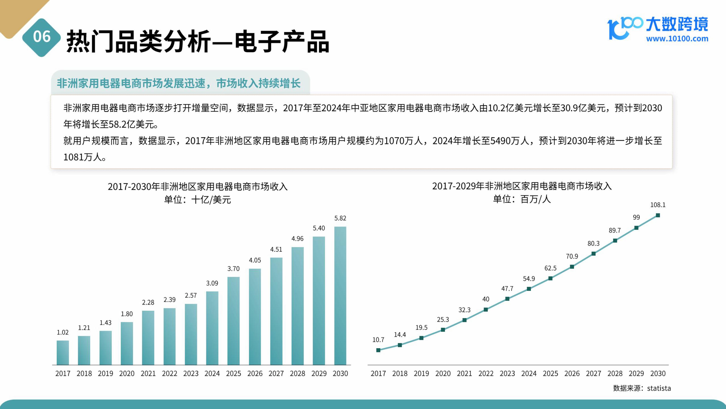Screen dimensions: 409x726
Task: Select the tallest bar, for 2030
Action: pyautogui.click(x=340, y=296)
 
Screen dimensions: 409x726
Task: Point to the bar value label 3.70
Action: pyautogui.click(x=233, y=269)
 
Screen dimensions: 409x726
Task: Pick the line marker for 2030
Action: pyautogui.click(x=658, y=215)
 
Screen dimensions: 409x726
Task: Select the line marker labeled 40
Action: pyautogui.click(x=486, y=310)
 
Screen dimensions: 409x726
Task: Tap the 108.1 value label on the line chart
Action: pyautogui.click(x=658, y=205)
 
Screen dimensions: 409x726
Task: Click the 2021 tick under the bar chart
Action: pyautogui.click(x=148, y=373)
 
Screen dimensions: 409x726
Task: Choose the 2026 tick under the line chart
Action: pyautogui.click(x=572, y=373)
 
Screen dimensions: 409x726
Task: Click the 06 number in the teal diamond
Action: pyautogui.click(x=42, y=37)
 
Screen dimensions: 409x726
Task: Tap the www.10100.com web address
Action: pyautogui.click(x=677, y=39)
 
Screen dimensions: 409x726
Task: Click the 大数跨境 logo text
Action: pyautogui.click(x=677, y=24)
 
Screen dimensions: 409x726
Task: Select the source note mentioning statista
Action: pyautogui.click(x=642, y=388)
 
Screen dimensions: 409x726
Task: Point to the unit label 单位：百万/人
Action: pyautogui.click(x=522, y=199)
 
